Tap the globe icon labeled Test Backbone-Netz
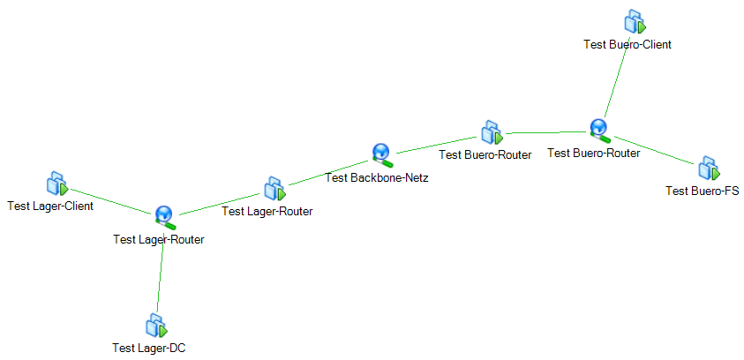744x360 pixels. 382,155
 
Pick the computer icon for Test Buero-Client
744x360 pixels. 635,22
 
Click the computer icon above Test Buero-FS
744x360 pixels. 709,169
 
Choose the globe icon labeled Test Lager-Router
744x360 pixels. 165,218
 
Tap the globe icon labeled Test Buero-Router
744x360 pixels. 600,130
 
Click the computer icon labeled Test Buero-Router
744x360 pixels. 492,132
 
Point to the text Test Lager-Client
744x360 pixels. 50,206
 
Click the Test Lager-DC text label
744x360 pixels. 149,349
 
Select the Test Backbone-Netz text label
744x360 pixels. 377,178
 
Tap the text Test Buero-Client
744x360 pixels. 628,45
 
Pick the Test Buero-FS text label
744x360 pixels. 703,191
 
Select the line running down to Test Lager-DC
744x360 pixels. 161,273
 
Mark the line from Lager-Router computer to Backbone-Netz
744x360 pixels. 330,173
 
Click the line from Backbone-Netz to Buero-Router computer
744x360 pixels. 438,145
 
